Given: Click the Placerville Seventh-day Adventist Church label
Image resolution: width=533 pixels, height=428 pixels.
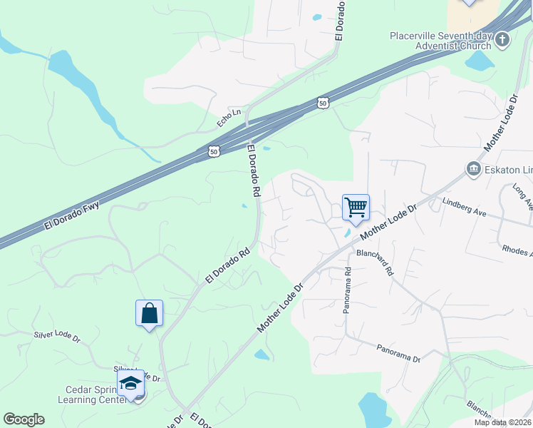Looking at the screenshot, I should click(440, 41).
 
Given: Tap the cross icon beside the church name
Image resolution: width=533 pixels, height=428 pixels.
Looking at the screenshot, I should click(502, 39).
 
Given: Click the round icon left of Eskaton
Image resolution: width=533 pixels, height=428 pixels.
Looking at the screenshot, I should click(473, 169).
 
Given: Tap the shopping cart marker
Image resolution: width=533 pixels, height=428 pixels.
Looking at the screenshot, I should click(356, 208).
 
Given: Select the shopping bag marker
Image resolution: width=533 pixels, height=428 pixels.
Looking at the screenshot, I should click(149, 313).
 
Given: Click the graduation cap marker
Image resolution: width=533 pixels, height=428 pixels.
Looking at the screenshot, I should click(131, 384).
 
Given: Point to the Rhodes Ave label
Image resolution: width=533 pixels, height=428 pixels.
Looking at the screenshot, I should click(517, 250).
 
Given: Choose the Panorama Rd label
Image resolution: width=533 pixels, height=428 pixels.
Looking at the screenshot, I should click(348, 290).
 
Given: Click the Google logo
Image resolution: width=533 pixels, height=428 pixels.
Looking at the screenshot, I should click(24, 419).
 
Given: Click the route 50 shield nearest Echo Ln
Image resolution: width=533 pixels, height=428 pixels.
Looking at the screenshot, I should click(214, 151).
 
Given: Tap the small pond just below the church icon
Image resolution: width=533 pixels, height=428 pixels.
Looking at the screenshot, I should click(480, 62).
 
